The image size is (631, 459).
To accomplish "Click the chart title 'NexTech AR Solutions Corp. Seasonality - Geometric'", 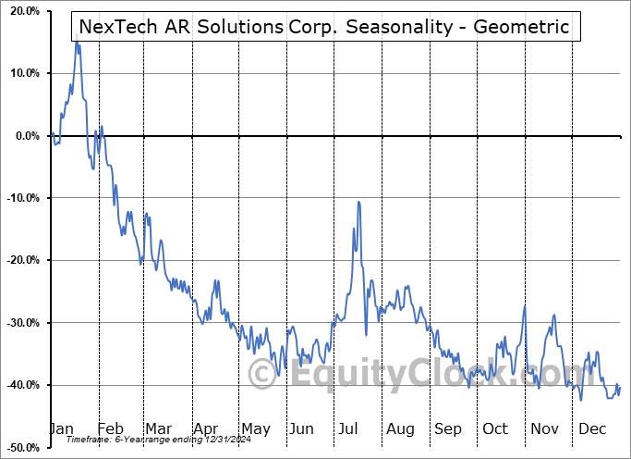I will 324,26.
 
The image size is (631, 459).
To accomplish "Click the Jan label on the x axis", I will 61,428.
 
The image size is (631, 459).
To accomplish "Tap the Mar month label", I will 157,428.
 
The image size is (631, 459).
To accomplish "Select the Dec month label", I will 591,428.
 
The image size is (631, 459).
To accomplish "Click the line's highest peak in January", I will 78,43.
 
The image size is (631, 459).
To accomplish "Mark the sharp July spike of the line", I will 358,202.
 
